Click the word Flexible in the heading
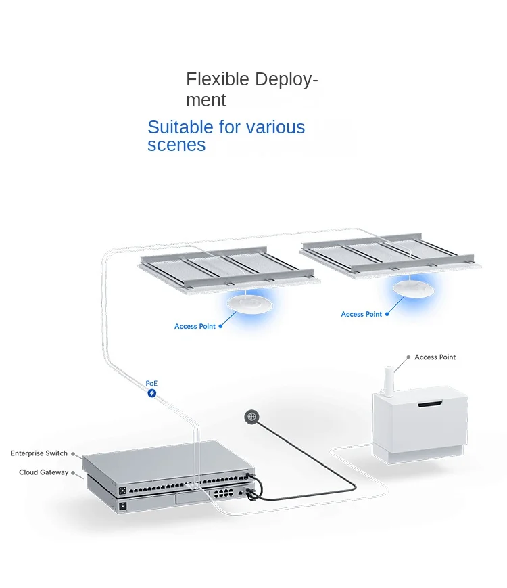pyautogui.click(x=209, y=79)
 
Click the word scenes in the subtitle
pyautogui.click(x=176, y=145)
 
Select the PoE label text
pyautogui.click(x=151, y=383)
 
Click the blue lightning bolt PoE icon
pyautogui.click(x=152, y=393)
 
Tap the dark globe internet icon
pyautogui.click(x=251, y=417)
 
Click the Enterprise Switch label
pyautogui.click(x=39, y=453)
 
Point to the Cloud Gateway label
pyautogui.click(x=43, y=472)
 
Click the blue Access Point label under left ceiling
pyautogui.click(x=195, y=327)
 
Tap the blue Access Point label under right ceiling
pyautogui.click(x=361, y=315)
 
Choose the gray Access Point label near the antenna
pyautogui.click(x=435, y=357)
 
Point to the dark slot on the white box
pyautogui.click(x=429, y=405)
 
